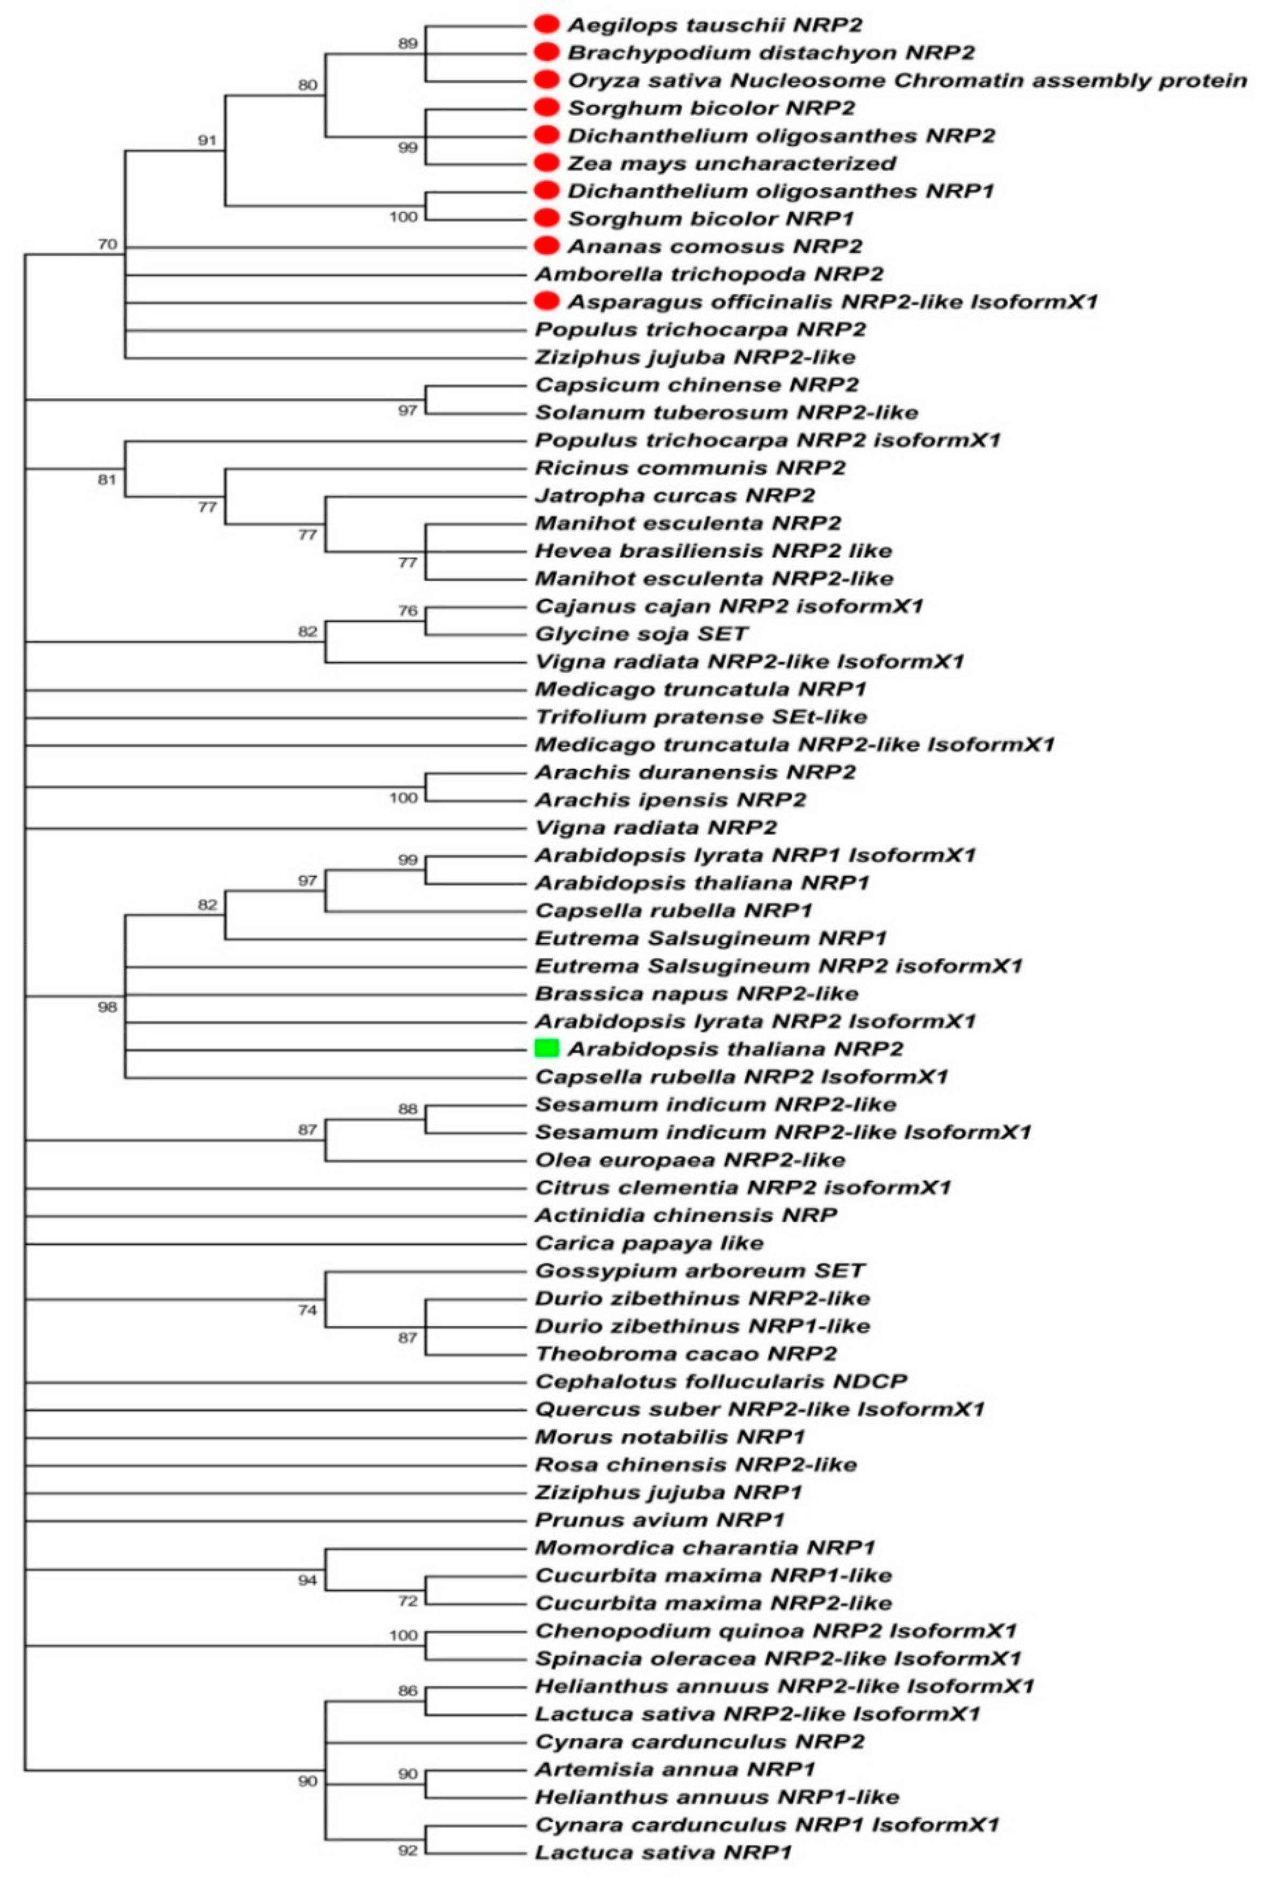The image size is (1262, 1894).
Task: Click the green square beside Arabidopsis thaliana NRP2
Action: tap(546, 1048)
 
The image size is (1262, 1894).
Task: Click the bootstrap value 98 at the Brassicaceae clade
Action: tap(107, 1006)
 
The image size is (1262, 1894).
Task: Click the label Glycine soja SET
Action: tap(642, 634)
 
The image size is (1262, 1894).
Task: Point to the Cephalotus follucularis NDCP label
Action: tap(721, 1381)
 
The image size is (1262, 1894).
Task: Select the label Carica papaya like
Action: tap(649, 1243)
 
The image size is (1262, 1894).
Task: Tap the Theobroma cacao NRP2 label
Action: tap(686, 1354)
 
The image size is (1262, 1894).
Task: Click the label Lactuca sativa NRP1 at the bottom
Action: tap(663, 1852)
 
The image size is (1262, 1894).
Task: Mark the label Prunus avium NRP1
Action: tap(659, 1520)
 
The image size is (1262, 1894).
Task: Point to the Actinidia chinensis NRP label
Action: tap(686, 1215)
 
